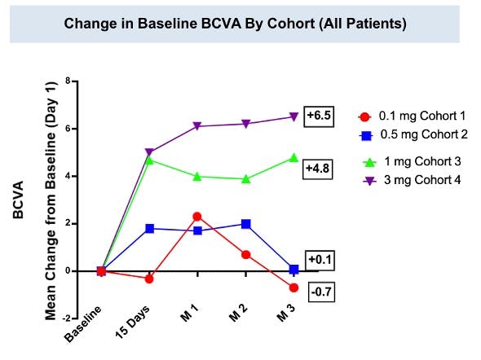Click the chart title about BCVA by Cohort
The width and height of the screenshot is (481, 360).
[x=235, y=24]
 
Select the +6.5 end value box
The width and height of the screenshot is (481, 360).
[x=319, y=116]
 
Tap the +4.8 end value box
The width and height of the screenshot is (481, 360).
[x=319, y=169]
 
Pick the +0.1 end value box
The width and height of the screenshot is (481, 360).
[x=319, y=260]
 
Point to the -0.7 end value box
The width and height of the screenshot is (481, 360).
[x=319, y=290]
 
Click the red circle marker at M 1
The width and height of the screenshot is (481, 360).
[x=197, y=217]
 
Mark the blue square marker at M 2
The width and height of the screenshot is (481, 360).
[x=245, y=224]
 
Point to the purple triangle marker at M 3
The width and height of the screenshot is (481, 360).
[x=293, y=117]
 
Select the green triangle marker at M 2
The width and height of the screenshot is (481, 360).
[x=245, y=178]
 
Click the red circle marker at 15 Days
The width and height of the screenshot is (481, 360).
[x=148, y=279]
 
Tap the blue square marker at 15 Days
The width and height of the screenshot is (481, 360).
[x=148, y=229]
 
